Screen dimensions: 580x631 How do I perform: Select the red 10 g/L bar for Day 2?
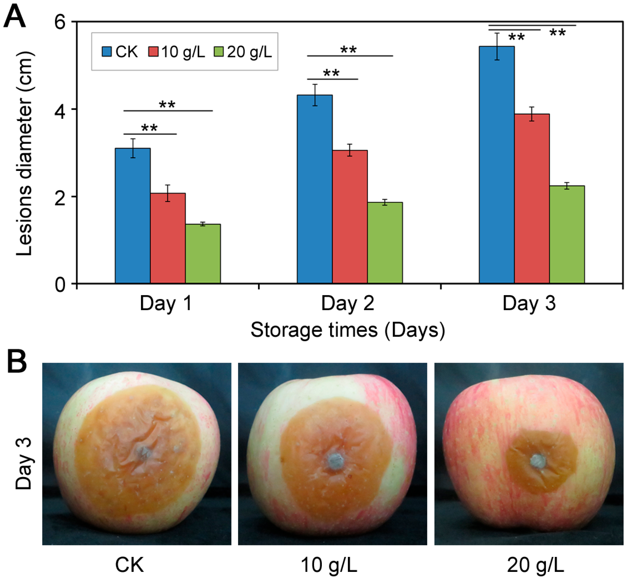350,217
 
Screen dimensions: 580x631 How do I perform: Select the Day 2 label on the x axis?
347,304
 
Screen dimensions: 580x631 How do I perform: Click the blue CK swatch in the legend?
107,51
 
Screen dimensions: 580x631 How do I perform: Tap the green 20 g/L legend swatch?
218,51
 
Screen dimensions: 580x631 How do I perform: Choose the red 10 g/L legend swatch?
153,51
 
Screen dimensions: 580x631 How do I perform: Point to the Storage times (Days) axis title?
347,330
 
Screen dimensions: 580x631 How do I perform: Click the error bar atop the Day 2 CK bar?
315,95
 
